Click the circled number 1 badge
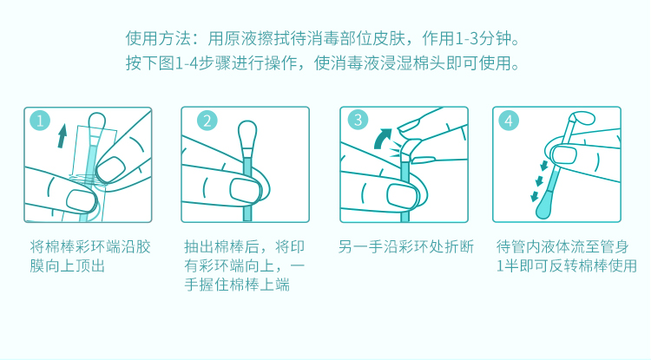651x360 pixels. (x=40, y=121)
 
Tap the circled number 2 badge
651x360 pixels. (x=207, y=121)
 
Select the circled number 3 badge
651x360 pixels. (x=358, y=120)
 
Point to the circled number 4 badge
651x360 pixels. (x=509, y=121)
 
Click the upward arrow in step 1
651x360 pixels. (x=62, y=135)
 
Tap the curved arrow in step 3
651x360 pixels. (x=383, y=138)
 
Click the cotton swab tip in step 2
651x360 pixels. (x=247, y=134)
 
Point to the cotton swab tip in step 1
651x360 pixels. (x=96, y=123)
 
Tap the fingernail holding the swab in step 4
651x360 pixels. (x=564, y=154)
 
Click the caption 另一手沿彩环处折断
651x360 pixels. (x=405, y=246)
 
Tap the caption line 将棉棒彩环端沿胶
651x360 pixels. (x=90, y=246)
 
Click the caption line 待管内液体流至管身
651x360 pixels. (x=562, y=246)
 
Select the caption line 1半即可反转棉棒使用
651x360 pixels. (x=566, y=265)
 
